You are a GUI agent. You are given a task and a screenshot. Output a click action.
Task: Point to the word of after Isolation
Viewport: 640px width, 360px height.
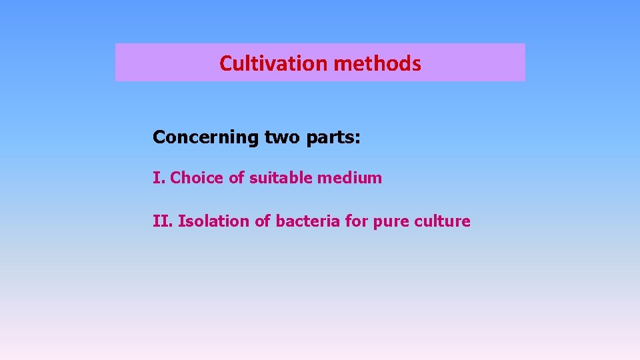263,221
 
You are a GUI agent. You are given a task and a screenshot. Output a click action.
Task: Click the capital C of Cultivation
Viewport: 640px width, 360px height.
225,63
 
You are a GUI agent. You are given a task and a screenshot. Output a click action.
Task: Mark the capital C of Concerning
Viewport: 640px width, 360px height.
159,137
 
